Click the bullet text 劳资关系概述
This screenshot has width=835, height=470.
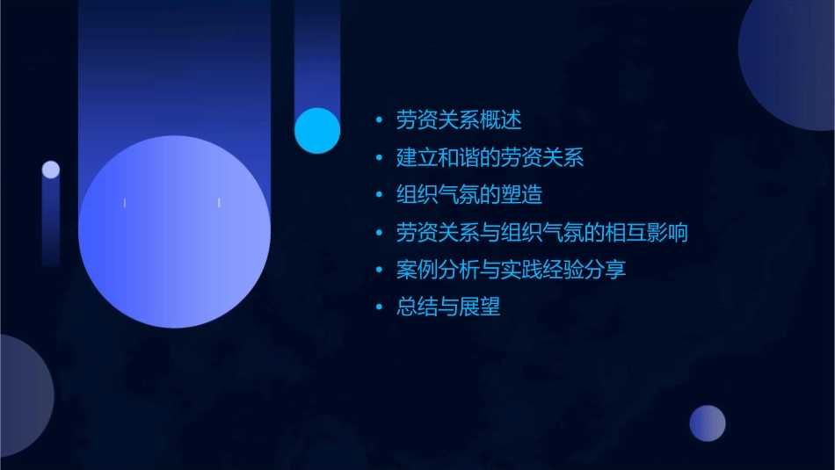point(459,120)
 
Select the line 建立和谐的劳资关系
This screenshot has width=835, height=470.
point(490,158)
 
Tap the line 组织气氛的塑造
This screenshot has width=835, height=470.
point(469,195)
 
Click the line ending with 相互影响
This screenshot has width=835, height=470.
point(541,233)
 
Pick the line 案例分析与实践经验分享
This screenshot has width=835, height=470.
point(511,270)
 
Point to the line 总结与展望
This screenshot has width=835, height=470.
point(448,307)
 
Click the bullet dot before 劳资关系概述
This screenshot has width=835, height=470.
point(379,120)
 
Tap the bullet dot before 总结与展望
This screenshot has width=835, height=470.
point(379,307)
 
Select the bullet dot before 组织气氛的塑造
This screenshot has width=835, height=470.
point(379,195)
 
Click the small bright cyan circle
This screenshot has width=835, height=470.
point(317,131)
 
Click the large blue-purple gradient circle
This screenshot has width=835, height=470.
point(174,232)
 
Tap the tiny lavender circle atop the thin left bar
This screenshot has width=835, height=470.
point(51,170)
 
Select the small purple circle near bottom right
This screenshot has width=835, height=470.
point(708,423)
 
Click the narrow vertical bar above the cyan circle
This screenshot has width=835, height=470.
point(317,53)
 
